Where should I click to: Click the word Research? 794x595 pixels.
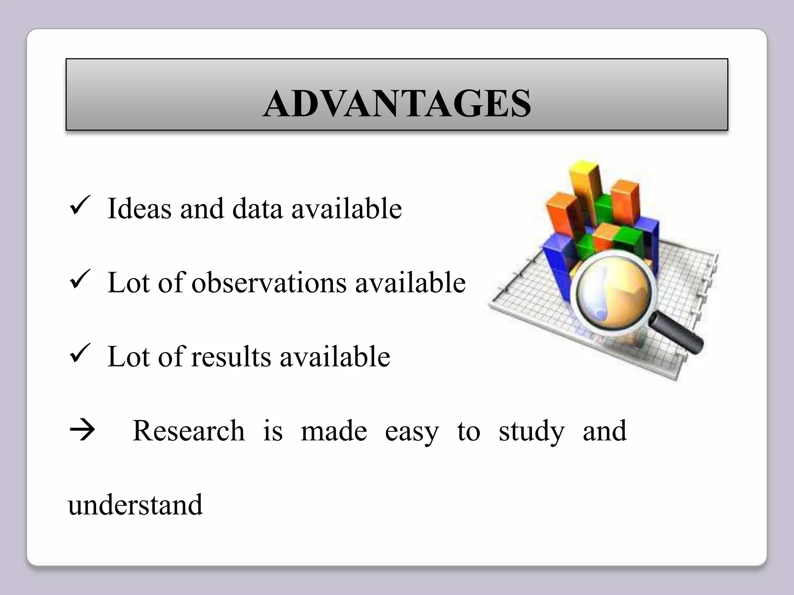tap(189, 431)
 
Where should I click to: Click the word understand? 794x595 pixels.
tap(135, 505)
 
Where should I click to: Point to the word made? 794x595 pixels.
tap(334, 431)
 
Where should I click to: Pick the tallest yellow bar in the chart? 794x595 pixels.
tap(585, 190)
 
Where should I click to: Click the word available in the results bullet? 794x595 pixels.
tap(335, 356)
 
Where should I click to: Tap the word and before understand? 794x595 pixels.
tap(604, 431)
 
